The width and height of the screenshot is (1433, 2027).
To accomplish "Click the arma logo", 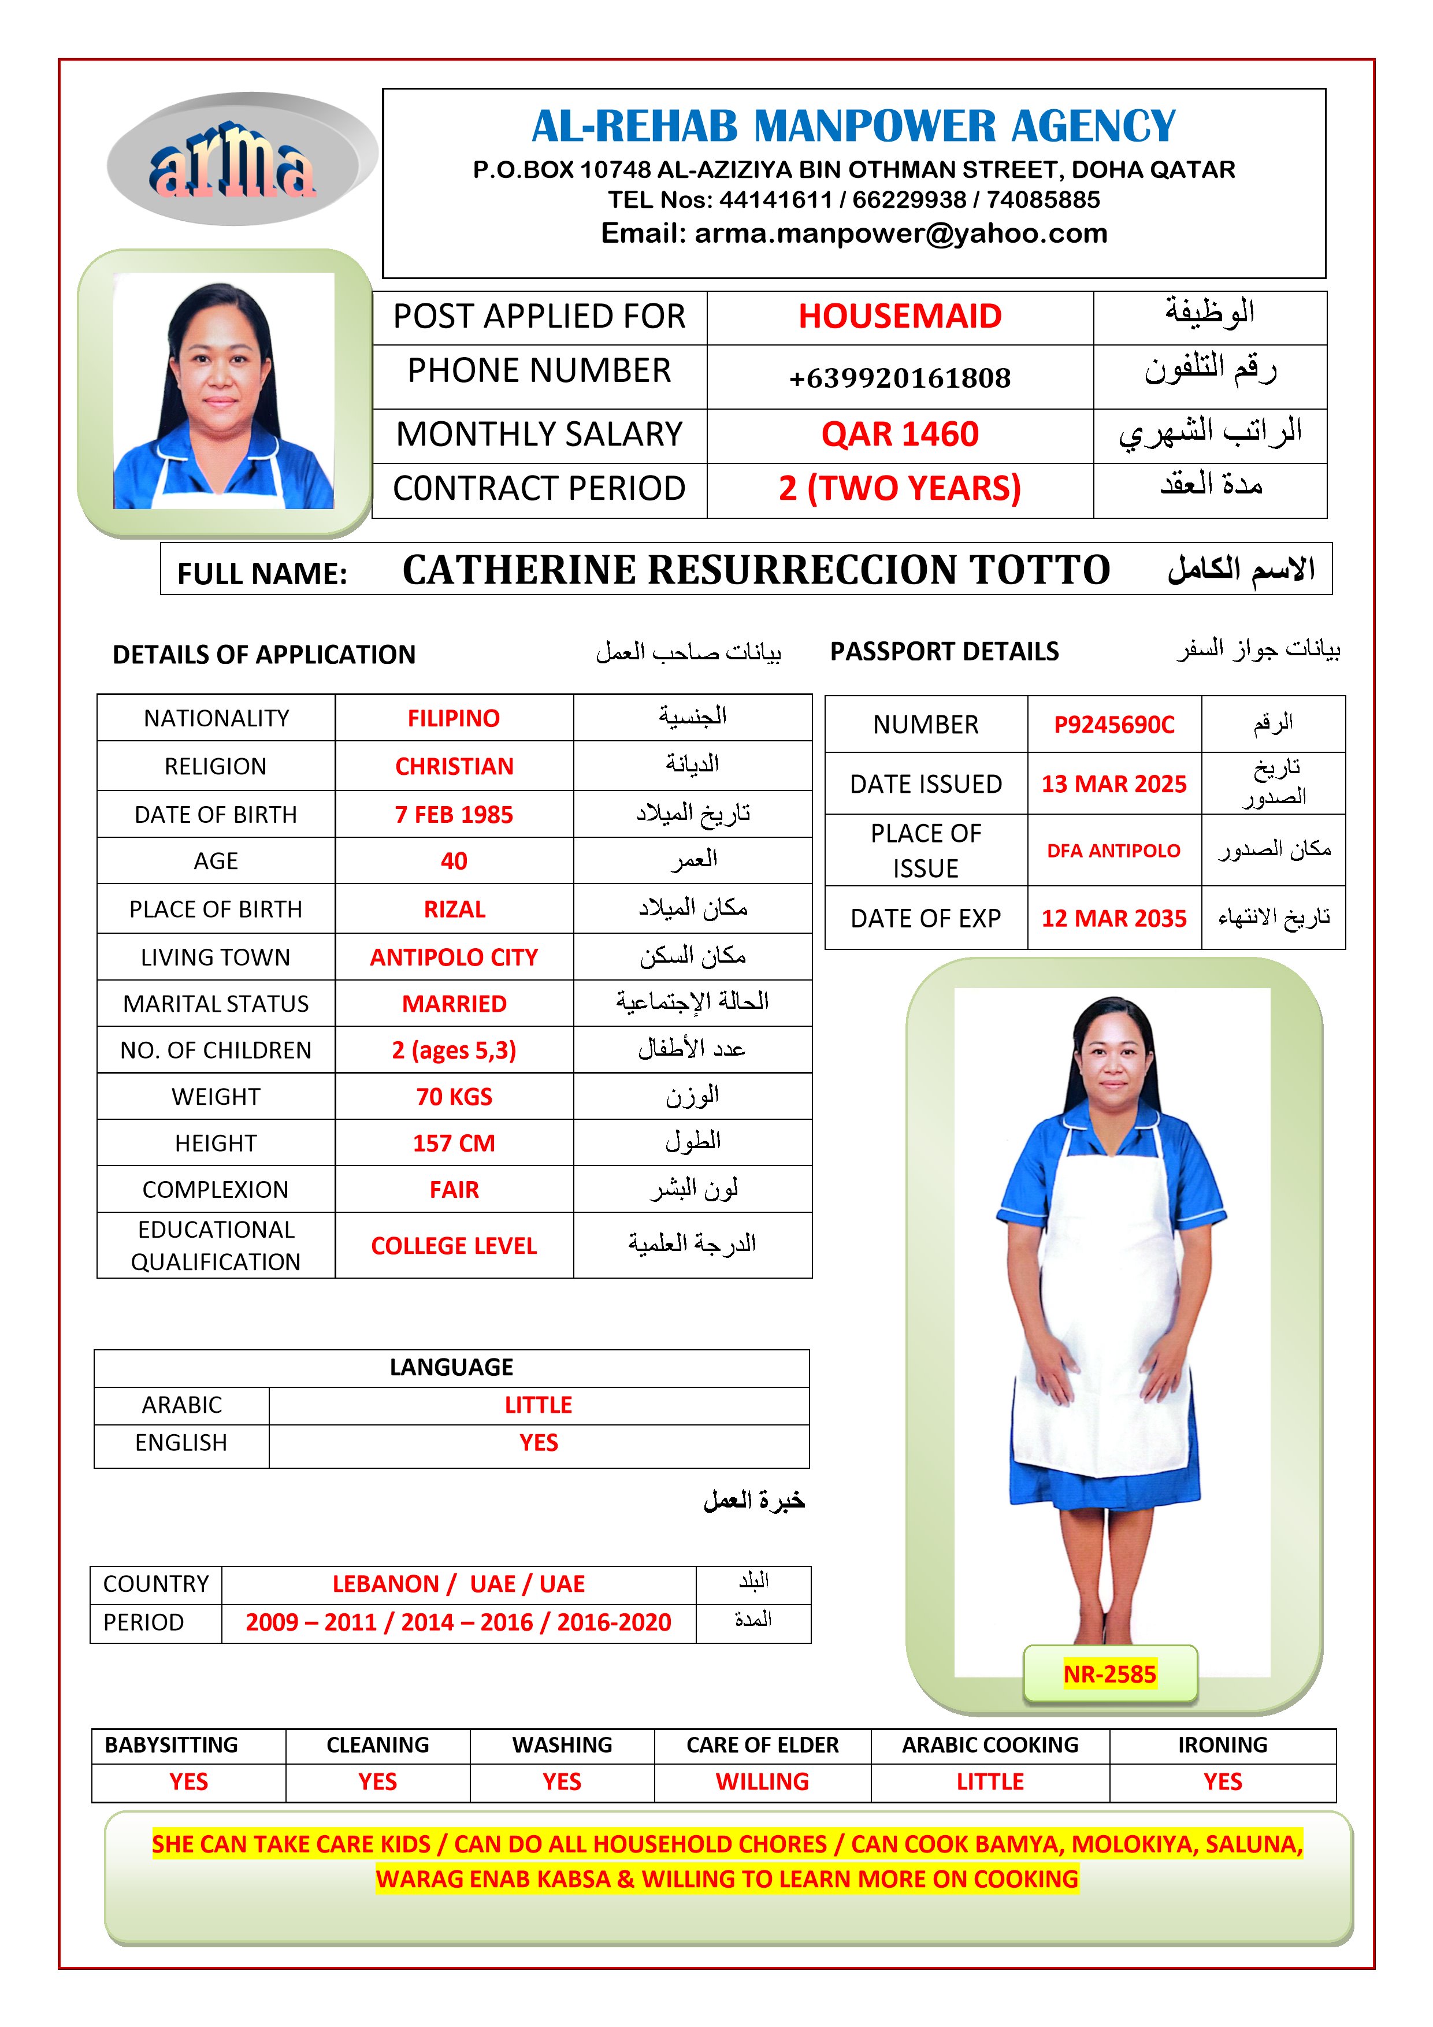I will pos(233,161).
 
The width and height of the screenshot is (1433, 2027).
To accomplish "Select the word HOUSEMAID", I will pos(900,316).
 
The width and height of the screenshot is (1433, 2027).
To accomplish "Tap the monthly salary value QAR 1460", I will pos(900,435).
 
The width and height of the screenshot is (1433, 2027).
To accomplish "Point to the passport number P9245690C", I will pos(1113,725).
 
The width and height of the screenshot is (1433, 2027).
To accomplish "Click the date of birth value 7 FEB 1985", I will pos(454,814).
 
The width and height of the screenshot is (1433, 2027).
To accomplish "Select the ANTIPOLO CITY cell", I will pos(454,957).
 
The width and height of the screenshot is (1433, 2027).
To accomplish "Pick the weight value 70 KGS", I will pos(454,1097).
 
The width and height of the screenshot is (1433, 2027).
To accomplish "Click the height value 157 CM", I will pos(454,1144).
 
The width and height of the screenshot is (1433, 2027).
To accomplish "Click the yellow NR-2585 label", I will pos(1110,1674).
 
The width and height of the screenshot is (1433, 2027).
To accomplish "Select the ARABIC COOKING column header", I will pos(990,1746).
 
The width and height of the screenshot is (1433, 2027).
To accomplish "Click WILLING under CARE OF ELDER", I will pos(762,1781).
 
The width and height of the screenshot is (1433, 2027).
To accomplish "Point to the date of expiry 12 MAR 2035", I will pos(1113,918).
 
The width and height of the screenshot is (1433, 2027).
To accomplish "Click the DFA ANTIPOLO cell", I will pos(1113,850).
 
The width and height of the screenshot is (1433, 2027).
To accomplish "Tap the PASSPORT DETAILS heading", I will pos(944,652).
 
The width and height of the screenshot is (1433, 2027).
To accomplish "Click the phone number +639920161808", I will pos(900,378).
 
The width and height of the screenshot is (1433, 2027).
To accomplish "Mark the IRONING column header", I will pos(1222,1746).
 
